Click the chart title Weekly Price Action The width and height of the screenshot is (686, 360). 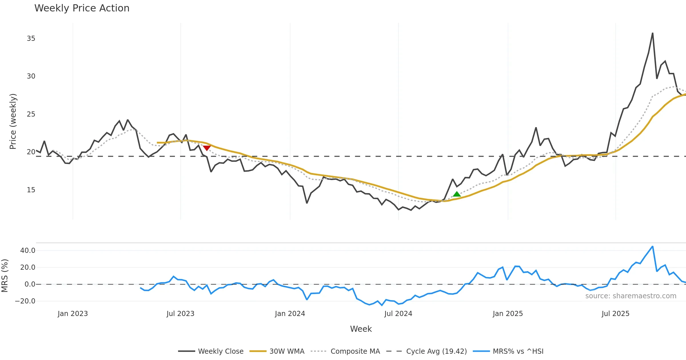pyautogui.click(x=82, y=8)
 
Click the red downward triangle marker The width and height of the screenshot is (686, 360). pyautogui.click(x=207, y=148)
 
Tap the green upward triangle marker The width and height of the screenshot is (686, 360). pyautogui.click(x=457, y=194)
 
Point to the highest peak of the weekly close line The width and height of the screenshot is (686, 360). pyautogui.click(x=653, y=33)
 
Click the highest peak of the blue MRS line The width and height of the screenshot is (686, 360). pyautogui.click(x=653, y=246)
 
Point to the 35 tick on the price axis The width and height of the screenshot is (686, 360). pyautogui.click(x=31, y=39)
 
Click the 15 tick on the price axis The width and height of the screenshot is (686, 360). pyautogui.click(x=31, y=190)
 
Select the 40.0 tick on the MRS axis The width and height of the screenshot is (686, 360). pyautogui.click(x=28, y=251)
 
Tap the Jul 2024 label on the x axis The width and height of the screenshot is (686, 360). pyautogui.click(x=398, y=314)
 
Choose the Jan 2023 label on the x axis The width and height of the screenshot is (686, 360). pyautogui.click(x=73, y=314)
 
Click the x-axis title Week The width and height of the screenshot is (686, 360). pyautogui.click(x=361, y=329)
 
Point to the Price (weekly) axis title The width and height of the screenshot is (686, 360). pyautogui.click(x=13, y=121)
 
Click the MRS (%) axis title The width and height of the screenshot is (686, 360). pyautogui.click(x=5, y=276)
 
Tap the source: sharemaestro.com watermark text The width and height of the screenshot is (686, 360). pyautogui.click(x=631, y=296)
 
